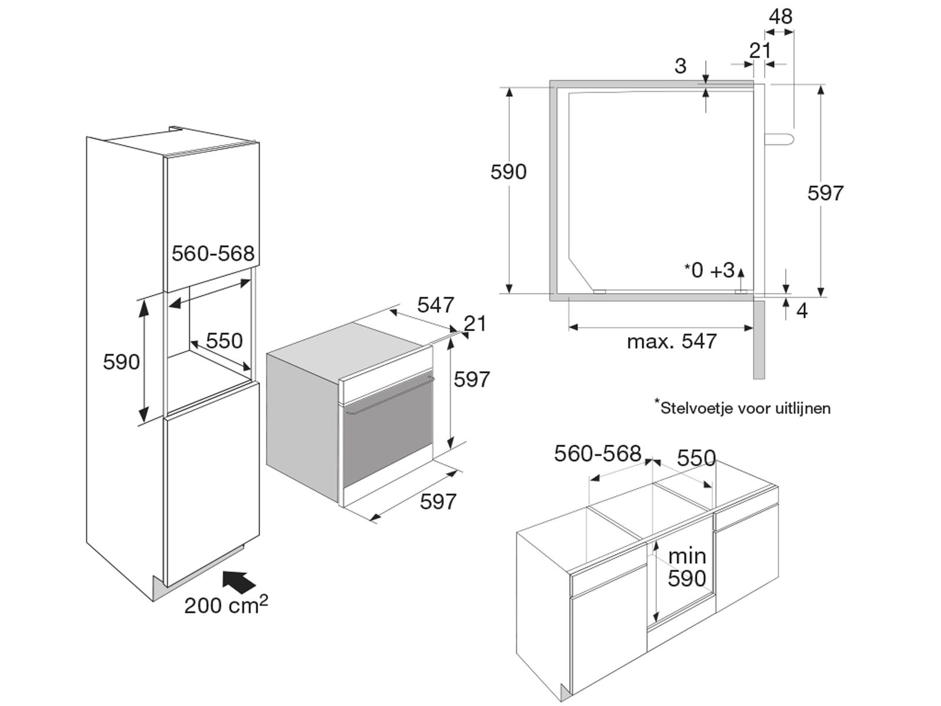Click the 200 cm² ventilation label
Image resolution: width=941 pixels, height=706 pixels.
click(x=226, y=605)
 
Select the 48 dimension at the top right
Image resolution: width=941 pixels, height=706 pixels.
click(x=780, y=16)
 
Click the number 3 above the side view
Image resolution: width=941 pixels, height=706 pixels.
click(x=680, y=66)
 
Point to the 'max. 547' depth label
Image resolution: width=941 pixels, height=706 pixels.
click(x=672, y=341)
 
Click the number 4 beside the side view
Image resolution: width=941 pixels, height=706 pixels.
click(x=802, y=311)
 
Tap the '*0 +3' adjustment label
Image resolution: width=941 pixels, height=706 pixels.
click(x=709, y=270)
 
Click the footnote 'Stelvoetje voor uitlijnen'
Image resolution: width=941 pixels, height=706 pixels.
click(x=742, y=408)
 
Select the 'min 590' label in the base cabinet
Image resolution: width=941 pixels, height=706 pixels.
click(x=687, y=567)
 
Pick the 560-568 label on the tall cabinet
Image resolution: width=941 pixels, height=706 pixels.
click(x=213, y=254)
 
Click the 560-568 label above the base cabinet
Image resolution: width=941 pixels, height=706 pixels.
click(x=598, y=453)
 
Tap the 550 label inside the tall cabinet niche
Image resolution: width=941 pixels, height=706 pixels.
click(x=224, y=341)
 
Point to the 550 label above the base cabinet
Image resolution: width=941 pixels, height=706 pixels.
click(x=696, y=458)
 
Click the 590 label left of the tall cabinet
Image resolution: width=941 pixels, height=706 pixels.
click(x=121, y=362)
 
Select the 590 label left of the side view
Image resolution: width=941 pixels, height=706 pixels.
click(x=509, y=171)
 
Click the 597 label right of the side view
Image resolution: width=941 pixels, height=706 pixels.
click(x=825, y=193)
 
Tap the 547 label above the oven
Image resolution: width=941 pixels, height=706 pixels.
click(x=436, y=305)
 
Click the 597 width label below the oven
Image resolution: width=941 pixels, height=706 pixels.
click(x=438, y=501)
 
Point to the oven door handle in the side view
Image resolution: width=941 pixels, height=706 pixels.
click(x=779, y=140)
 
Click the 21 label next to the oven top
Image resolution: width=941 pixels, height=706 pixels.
click(x=475, y=324)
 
